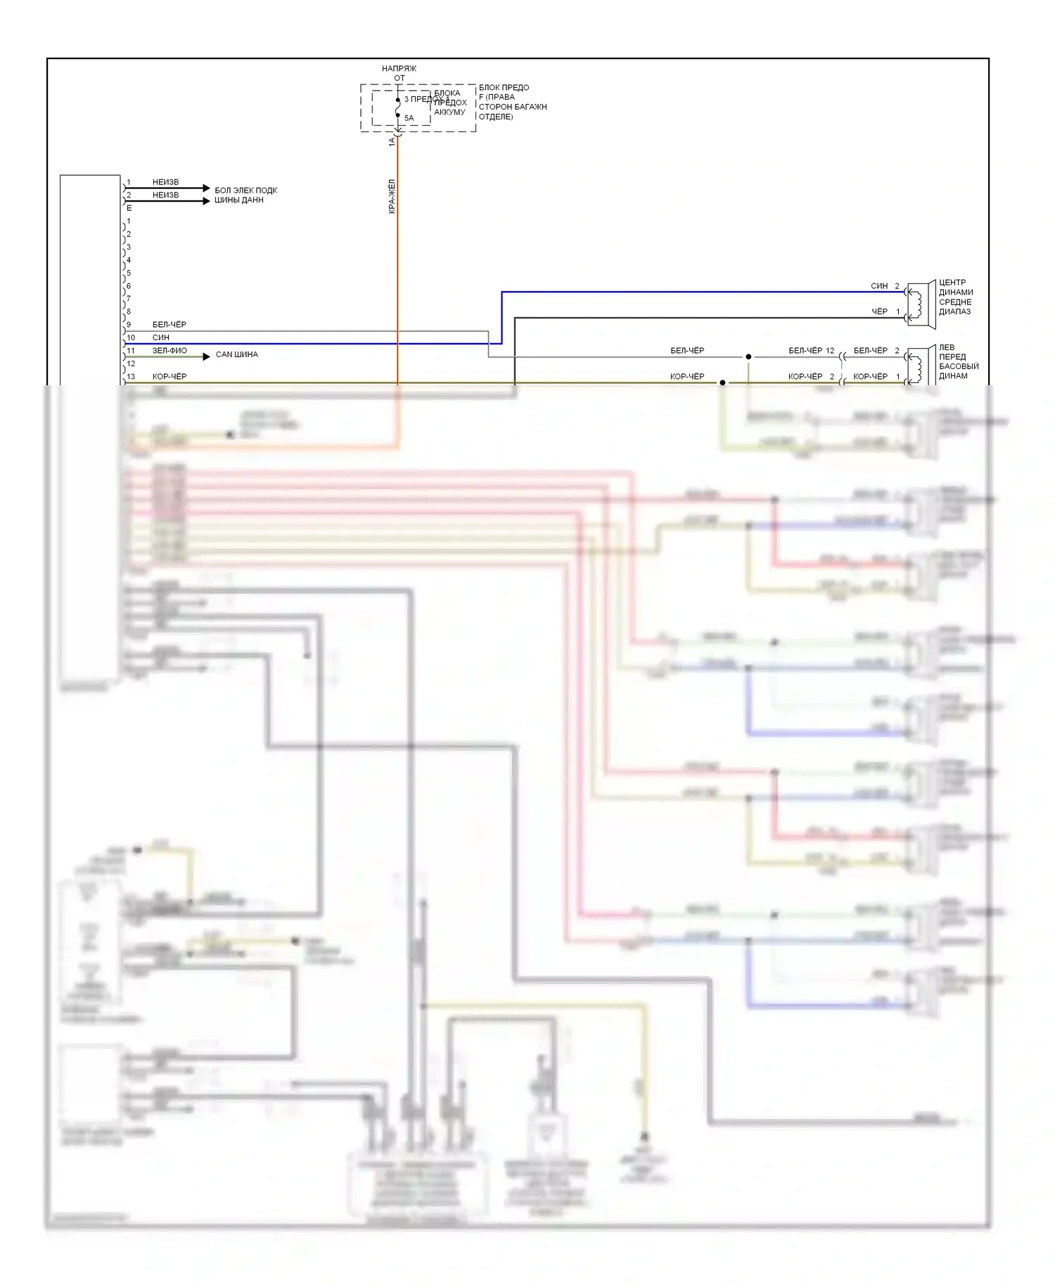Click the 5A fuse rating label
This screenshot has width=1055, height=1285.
[x=409, y=118]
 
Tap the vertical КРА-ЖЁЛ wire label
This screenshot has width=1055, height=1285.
[x=392, y=196]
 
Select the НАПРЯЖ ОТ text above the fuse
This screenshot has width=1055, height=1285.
[x=399, y=73]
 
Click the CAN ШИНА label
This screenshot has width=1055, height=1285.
[x=236, y=354]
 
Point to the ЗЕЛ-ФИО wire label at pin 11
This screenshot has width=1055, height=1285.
[x=170, y=350]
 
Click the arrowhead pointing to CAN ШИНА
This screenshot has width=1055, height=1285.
[x=206, y=356]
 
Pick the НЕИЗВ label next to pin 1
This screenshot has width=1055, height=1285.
[x=165, y=182]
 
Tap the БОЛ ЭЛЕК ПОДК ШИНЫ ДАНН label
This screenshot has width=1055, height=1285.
[x=245, y=195]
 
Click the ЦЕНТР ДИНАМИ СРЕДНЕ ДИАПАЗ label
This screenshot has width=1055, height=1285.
[x=956, y=297]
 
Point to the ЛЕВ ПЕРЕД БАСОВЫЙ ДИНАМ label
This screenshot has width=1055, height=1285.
[x=958, y=361]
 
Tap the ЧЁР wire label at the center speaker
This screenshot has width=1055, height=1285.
[x=879, y=311]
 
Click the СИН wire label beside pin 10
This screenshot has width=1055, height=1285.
[x=160, y=337]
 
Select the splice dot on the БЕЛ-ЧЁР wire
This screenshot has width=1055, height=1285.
[x=748, y=356]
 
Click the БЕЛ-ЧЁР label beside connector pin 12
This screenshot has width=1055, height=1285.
[x=805, y=350]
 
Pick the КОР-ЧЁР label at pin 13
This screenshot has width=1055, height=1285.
[x=170, y=376]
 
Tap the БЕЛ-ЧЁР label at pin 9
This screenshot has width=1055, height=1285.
[x=170, y=324]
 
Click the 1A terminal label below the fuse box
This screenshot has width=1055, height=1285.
[x=392, y=141]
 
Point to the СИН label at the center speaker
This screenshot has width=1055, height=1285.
[x=879, y=286]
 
